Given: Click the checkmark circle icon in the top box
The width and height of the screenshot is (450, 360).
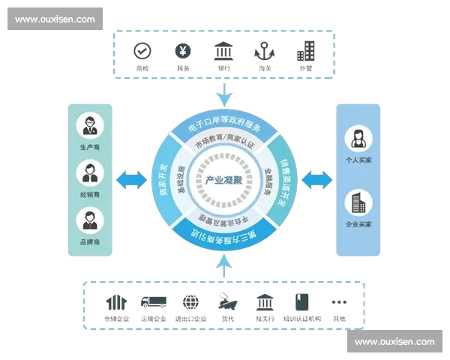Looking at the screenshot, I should tap(142, 51).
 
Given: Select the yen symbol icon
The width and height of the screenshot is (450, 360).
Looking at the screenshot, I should tap(182, 51).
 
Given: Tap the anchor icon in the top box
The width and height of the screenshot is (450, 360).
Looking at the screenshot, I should tap(264, 51).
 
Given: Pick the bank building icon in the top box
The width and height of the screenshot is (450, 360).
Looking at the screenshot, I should tap(223, 51).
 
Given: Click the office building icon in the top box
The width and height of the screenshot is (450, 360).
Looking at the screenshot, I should tap(305, 51).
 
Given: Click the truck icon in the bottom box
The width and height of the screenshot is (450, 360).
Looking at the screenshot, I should tap(154, 301).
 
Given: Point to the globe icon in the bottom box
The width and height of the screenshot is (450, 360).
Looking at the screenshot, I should tap(190, 301).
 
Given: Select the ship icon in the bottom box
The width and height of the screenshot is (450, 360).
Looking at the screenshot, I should tap(227, 301).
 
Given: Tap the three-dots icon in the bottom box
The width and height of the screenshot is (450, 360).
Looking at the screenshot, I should tap(339, 302).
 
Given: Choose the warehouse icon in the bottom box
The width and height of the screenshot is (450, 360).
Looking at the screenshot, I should tap(117, 301).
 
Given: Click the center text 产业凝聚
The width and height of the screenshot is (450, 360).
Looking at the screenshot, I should tap(223, 181).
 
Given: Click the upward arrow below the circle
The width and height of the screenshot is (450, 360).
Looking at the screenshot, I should tap(223, 263).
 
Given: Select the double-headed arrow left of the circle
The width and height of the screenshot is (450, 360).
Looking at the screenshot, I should tap(131, 179).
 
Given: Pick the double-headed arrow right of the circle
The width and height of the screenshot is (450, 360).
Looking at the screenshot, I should tap(316, 179).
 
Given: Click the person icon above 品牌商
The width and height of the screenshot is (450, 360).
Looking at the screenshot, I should tap(90, 220).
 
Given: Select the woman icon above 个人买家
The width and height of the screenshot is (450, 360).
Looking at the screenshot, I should tap(358, 139).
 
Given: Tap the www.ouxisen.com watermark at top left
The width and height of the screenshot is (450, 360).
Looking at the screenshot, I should tap(55, 19).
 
